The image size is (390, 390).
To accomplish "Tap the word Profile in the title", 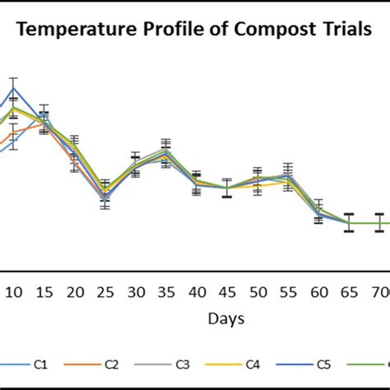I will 163,31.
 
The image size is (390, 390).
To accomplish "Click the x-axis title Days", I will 224,318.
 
